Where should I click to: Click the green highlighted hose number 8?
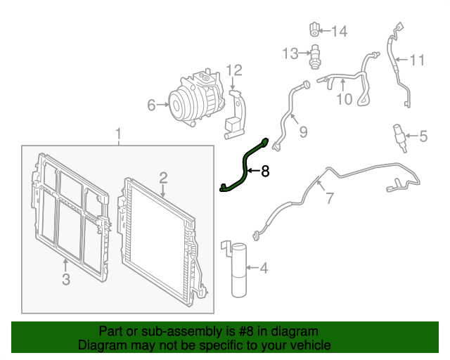(245, 169)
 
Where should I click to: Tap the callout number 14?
(340, 31)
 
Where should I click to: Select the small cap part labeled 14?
(314, 30)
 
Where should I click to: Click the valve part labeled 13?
(315, 56)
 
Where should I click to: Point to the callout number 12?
(234, 70)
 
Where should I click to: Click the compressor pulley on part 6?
(176, 105)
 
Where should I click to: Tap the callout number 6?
(151, 105)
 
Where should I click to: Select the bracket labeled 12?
(236, 115)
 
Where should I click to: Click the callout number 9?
(303, 132)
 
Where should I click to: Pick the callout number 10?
(345, 99)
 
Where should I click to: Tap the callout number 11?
(417, 60)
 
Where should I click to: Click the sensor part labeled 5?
(400, 139)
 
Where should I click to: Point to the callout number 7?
(330, 198)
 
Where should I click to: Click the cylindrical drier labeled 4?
(239, 270)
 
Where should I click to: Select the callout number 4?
(264, 268)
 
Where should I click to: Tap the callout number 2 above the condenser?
(163, 178)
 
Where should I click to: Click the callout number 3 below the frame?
(66, 279)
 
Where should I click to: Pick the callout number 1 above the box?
(118, 134)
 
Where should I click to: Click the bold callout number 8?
(265, 171)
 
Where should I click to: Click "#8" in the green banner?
(246, 331)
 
